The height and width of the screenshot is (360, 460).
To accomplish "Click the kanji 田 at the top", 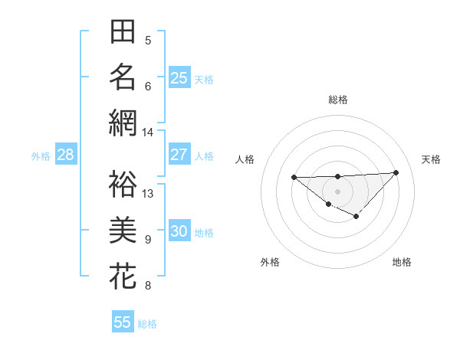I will pyautogui.click(x=123, y=33).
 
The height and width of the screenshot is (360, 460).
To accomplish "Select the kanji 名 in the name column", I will pyautogui.click(x=123, y=77).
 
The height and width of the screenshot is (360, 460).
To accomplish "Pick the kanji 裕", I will pyautogui.click(x=123, y=183).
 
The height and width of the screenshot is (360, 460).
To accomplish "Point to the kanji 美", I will pyautogui.click(x=123, y=231).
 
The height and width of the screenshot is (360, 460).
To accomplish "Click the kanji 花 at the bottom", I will pyautogui.click(x=123, y=276).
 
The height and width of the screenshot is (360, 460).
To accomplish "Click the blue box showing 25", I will pyautogui.click(x=179, y=77).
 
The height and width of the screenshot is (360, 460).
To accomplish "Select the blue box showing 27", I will pyautogui.click(x=179, y=155).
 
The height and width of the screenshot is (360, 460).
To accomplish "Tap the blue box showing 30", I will pyautogui.click(x=179, y=232).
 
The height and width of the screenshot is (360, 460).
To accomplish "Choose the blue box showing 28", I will pyautogui.click(x=66, y=155).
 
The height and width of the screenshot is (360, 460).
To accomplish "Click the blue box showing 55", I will pyautogui.click(x=123, y=322).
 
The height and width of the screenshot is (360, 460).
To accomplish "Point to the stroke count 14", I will pyautogui.click(x=147, y=133).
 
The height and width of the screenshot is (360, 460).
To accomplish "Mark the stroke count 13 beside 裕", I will pyautogui.click(x=148, y=194).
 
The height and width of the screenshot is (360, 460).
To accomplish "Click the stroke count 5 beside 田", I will pyautogui.click(x=148, y=40).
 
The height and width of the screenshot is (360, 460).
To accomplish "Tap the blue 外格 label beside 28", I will pyautogui.click(x=41, y=156).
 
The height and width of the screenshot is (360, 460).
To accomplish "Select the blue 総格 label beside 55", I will pyautogui.click(x=147, y=324).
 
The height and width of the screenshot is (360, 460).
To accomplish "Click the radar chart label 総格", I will pyautogui.click(x=338, y=100).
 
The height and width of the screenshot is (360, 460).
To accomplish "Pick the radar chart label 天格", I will pyautogui.click(x=432, y=159).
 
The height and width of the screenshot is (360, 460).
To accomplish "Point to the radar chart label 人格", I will pyautogui.click(x=245, y=159).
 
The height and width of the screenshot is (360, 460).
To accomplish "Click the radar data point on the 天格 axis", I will pyautogui.click(x=396, y=172).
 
